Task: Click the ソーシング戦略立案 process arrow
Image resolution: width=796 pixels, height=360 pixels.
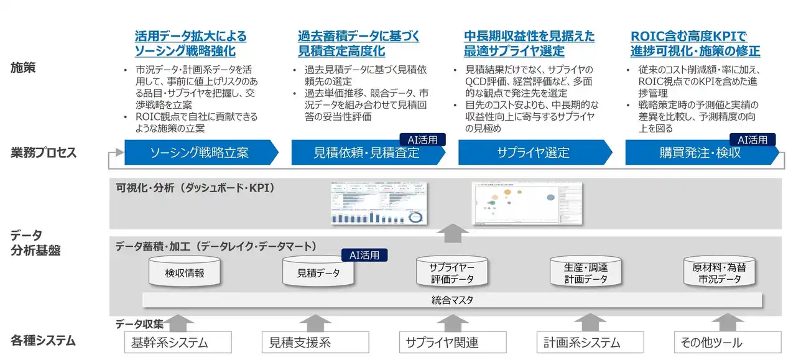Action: coord(199,152)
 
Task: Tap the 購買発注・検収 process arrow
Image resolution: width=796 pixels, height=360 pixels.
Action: coord(700,152)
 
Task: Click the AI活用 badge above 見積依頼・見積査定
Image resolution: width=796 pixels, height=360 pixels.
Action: coord(422,140)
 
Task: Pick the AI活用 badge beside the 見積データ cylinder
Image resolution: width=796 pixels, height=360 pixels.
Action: coord(364,255)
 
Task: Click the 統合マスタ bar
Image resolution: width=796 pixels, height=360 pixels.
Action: coord(452,300)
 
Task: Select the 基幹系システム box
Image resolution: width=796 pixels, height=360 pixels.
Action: coord(178,342)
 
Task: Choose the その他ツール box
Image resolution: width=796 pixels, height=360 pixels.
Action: coord(727,342)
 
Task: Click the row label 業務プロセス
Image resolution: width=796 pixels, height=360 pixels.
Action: coord(44,152)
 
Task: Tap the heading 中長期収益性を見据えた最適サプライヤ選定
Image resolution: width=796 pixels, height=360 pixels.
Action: coord(529,44)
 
